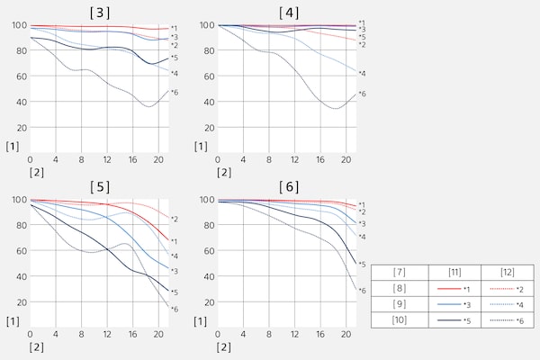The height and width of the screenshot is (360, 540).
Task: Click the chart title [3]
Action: tap(101, 12)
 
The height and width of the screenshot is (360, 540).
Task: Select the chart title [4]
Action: tap(288, 12)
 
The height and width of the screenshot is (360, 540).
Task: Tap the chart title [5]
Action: tap(101, 186)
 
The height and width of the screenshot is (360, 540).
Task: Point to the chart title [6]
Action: tap(288, 186)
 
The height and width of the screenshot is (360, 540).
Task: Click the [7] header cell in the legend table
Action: tap(400, 273)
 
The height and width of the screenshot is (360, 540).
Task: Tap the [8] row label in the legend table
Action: tap(400, 290)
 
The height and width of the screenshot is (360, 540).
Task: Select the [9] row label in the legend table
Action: tap(400, 306)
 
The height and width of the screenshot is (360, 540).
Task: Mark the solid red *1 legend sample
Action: tap(447, 290)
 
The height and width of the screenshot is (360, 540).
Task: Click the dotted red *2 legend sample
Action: tap(500, 290)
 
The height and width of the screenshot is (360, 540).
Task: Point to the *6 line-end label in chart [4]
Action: tap(362, 94)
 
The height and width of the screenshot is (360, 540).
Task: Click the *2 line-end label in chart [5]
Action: tap(175, 219)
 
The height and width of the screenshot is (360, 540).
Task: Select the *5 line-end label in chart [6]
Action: tap(362, 265)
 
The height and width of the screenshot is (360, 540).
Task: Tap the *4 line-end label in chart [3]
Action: tap(175, 74)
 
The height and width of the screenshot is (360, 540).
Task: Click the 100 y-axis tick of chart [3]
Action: tap(19, 25)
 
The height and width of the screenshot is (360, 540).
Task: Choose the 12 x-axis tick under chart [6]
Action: tap(294, 335)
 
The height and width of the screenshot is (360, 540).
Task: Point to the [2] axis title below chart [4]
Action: tap(224, 172)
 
